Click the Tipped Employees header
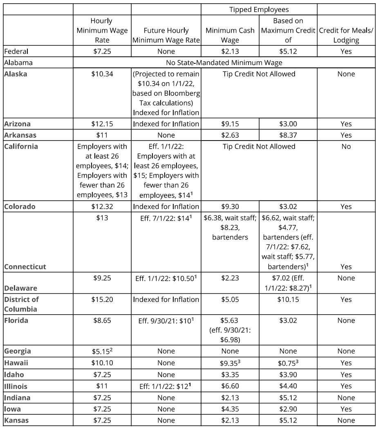click(259, 9)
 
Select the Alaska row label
click(15, 74)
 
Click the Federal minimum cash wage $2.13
click(230, 51)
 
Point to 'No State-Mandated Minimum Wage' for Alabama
click(224, 63)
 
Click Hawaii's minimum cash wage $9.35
click(230, 363)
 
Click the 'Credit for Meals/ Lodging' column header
click(346, 35)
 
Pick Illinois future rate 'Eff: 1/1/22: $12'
click(166, 386)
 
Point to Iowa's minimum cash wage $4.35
click(230, 409)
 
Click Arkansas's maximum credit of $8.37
click(288, 135)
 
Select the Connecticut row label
click(25, 266)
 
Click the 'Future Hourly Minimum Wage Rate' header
click(166, 35)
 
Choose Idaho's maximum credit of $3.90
click(288, 375)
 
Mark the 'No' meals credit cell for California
click(346, 146)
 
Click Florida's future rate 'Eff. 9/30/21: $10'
click(166, 321)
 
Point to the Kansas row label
click(16, 420)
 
